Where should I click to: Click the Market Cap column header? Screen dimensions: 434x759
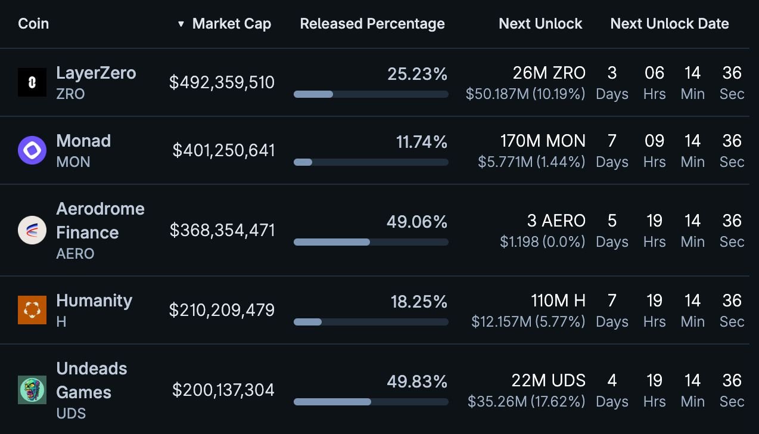(231, 24)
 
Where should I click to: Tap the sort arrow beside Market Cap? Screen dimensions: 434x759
(181, 24)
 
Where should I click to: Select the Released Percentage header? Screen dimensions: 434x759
(372, 24)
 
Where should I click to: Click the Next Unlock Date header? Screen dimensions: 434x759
(670, 24)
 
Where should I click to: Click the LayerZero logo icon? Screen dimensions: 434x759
(32, 82)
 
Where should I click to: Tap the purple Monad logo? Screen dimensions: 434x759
(32, 150)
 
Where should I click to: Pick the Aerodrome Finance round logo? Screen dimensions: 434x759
(32, 230)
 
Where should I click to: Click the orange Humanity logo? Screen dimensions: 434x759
(32, 310)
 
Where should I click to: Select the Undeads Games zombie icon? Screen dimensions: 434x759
(32, 390)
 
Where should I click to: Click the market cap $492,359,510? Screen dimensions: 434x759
(222, 82)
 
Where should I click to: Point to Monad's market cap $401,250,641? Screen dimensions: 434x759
(223, 150)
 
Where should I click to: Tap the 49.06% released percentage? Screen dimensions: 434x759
(416, 222)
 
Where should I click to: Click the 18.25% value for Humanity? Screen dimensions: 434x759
(419, 302)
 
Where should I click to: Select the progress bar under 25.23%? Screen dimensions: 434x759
(371, 94)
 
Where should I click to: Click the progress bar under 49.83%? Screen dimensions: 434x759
(371, 402)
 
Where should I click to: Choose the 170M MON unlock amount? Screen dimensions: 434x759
(543, 141)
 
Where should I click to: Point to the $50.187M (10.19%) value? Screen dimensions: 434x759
(525, 94)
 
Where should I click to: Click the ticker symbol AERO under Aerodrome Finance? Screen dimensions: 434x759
(75, 254)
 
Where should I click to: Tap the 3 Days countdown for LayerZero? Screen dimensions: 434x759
(612, 82)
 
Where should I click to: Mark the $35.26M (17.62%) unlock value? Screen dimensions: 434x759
(526, 402)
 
